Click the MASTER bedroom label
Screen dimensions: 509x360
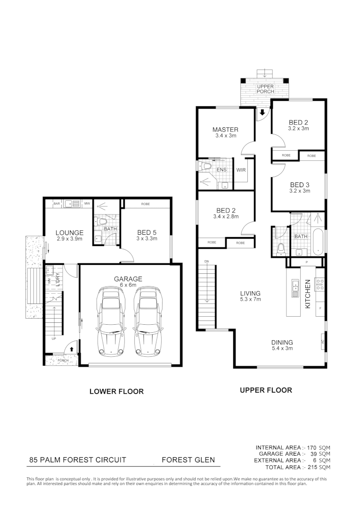pos(225,130)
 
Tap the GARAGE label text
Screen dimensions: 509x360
pos(128,279)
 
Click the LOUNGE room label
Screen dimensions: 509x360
pos(69,232)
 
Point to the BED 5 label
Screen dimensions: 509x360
pos(147,232)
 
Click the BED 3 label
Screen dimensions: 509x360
pos(299,185)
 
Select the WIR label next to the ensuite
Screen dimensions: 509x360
pos(241,170)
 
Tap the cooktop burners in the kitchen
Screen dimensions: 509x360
pos(319,283)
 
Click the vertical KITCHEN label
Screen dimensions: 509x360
pos(308,294)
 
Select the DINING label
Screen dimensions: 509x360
pos(282,342)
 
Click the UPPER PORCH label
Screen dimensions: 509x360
pos(265,89)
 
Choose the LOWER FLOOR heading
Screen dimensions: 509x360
pos(116,391)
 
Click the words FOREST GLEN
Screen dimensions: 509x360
pos(188,460)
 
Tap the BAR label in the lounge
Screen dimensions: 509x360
pos(57,204)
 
